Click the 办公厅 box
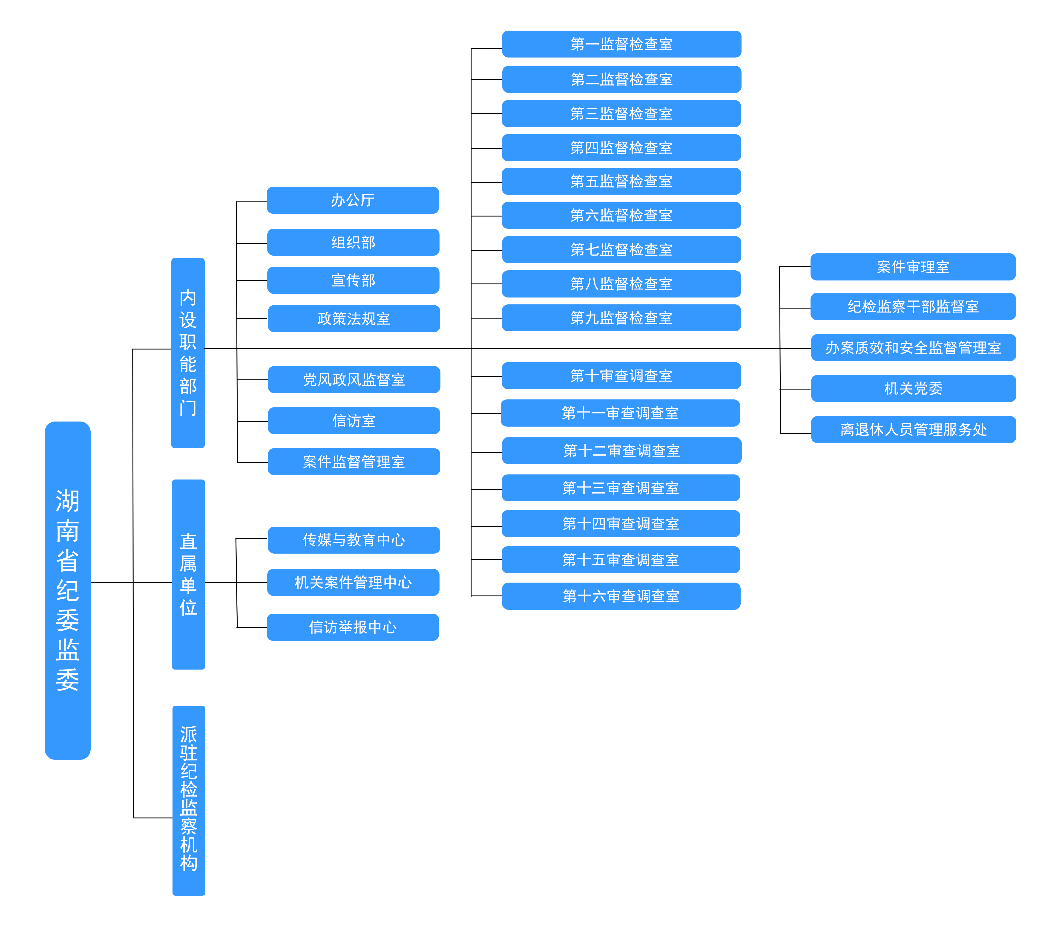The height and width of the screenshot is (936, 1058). [x=353, y=200]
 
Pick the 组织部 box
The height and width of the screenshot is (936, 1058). [x=353, y=242]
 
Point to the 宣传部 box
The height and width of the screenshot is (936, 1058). [x=353, y=280]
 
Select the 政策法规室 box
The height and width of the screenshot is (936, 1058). [x=354, y=318]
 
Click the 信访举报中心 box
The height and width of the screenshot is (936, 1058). [x=353, y=627]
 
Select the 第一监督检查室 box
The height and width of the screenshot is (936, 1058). [x=621, y=44]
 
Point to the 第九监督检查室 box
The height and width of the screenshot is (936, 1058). [x=621, y=318]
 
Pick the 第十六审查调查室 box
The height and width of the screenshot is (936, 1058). [x=621, y=596]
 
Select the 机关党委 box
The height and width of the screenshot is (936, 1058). [x=913, y=388]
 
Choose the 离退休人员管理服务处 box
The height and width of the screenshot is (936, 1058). [x=913, y=429]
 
